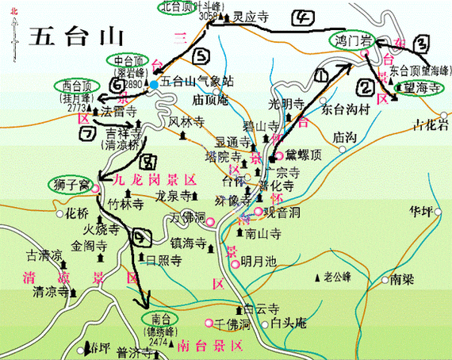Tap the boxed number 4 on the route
point(302,18)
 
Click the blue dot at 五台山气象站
point(154,82)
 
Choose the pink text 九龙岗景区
point(150,181)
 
